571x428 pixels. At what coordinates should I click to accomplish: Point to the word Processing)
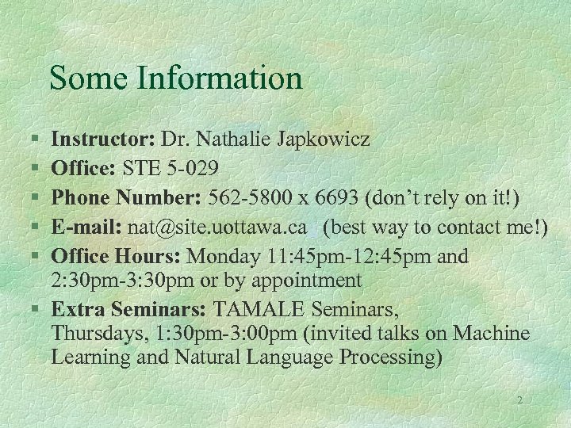point(391,357)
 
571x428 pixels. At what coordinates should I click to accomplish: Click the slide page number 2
point(519,400)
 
